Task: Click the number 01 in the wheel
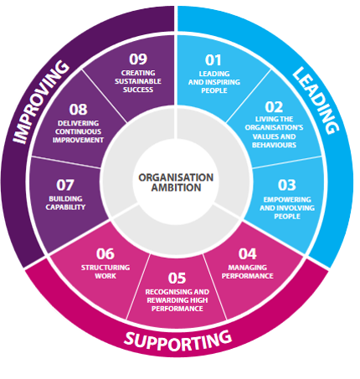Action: tap(213, 60)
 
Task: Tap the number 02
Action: tap(274, 107)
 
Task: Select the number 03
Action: tap(286, 185)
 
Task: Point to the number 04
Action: tap(247, 254)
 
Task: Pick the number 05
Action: tap(177, 278)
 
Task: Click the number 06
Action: tap(105, 254)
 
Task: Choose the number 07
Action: tap(65, 185)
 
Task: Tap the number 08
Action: tap(78, 110)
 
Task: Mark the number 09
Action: tap(138, 59)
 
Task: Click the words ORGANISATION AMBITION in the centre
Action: tap(176, 182)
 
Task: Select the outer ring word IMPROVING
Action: tap(40, 102)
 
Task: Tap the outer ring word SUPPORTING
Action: tap(177, 341)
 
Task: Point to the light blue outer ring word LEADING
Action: tap(316, 100)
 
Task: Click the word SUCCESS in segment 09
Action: tap(138, 90)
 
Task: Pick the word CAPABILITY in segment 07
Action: tap(65, 207)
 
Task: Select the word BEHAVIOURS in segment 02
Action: tap(274, 145)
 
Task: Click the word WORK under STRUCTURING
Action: tap(105, 276)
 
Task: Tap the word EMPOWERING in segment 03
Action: tap(287, 200)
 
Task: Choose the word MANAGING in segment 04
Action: tap(248, 268)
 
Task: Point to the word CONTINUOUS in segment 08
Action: tap(78, 131)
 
